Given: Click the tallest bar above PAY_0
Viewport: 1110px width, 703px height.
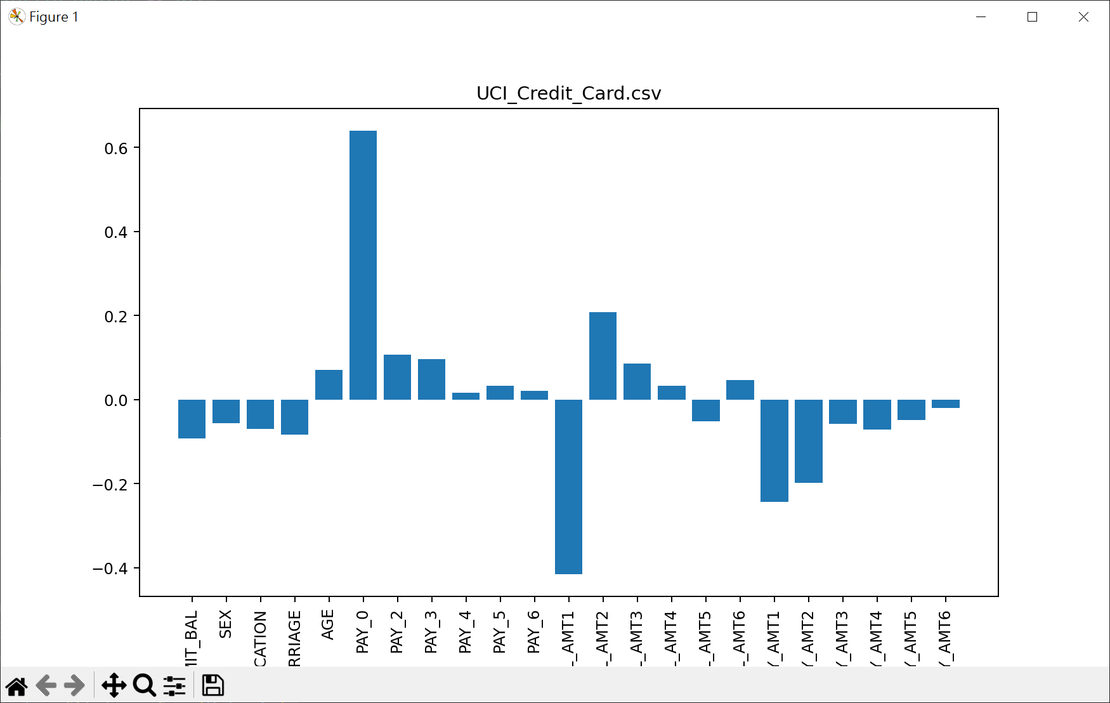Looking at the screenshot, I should [x=363, y=265].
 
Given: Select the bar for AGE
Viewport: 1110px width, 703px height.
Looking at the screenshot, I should [x=329, y=384].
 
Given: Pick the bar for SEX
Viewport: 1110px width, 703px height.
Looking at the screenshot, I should [x=226, y=411].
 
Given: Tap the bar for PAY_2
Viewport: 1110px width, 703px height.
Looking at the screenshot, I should [x=397, y=377].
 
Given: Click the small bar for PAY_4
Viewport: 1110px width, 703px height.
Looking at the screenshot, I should [x=466, y=396].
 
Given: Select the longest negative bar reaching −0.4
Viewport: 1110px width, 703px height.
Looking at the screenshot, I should [x=568, y=487].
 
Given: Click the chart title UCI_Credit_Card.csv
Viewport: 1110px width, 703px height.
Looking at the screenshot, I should [x=568, y=93].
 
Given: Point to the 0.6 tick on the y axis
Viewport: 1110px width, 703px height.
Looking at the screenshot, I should [x=116, y=148].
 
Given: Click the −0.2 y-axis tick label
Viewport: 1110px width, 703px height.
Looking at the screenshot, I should [x=110, y=485].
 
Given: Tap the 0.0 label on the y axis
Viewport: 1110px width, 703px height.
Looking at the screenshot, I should [x=116, y=400].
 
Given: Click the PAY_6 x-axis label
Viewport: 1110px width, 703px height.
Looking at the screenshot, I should [x=533, y=632].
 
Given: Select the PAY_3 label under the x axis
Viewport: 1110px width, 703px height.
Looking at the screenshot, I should [x=431, y=632].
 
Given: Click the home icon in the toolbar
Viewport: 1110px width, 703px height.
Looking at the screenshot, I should [x=17, y=686].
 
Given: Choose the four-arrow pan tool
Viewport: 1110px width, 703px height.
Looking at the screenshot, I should [x=114, y=686].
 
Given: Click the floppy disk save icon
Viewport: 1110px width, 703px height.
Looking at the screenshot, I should [x=212, y=686].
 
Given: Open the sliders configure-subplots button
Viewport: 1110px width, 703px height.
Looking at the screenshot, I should [x=174, y=686].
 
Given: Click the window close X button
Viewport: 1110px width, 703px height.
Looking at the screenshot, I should [x=1083, y=17].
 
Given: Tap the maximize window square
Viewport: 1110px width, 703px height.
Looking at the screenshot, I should [x=1032, y=17].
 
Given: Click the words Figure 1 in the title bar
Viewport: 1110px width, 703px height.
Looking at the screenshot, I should [x=54, y=17].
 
